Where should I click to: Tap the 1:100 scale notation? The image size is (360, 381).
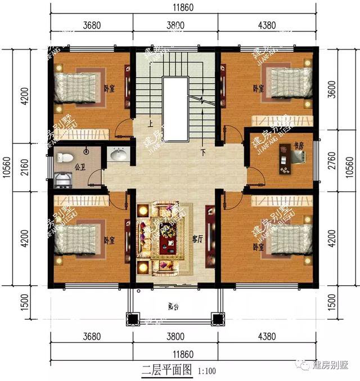coord(206,371)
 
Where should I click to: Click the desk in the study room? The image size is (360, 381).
coord(283,164)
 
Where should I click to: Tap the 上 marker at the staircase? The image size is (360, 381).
coord(150,123)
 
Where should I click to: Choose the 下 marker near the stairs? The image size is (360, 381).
coord(203,151)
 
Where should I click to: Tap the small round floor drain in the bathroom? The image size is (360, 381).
coord(86,151)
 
